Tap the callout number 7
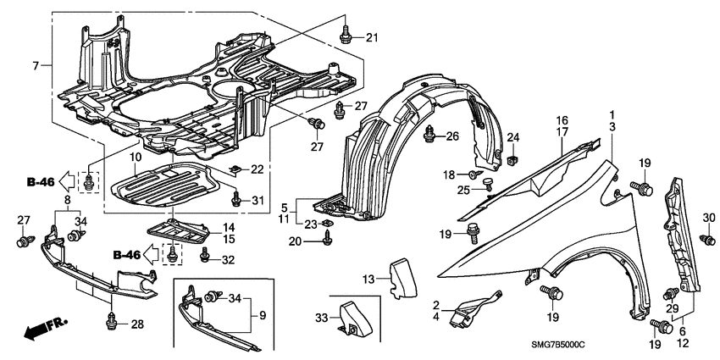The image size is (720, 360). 36,66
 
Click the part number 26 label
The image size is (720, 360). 452,136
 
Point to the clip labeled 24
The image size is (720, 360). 512,157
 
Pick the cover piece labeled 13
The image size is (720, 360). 397,278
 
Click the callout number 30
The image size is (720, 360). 709,219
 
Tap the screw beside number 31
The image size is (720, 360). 236,199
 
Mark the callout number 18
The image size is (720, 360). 448,174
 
